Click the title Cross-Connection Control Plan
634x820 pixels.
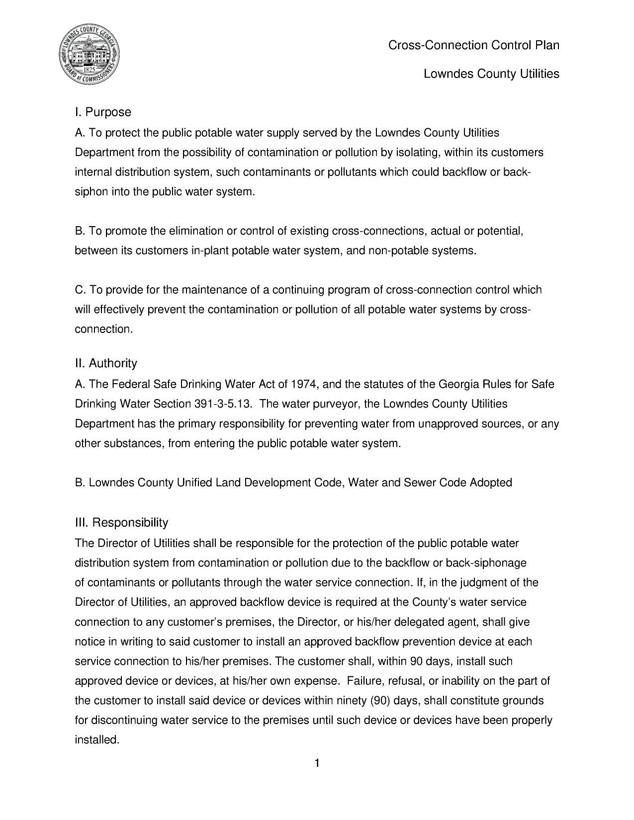(x=473, y=45)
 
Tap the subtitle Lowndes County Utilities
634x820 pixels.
(x=491, y=74)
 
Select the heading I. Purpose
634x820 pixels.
(x=103, y=112)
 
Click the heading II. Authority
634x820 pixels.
(x=106, y=363)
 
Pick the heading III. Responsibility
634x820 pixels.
(x=121, y=522)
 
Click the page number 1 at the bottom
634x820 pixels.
(x=317, y=763)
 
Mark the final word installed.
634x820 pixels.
(x=97, y=740)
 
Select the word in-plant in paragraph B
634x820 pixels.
(x=209, y=251)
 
